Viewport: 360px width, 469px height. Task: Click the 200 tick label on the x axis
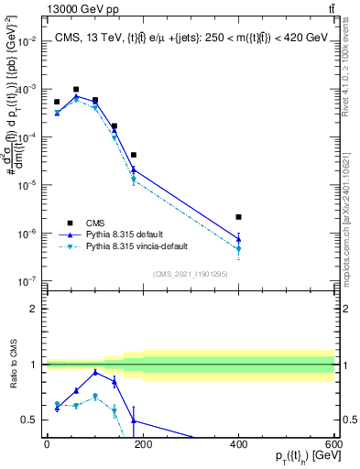point(143,443)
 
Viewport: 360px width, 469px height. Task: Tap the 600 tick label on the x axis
point(333,443)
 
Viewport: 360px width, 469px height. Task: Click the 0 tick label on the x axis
point(47,443)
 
